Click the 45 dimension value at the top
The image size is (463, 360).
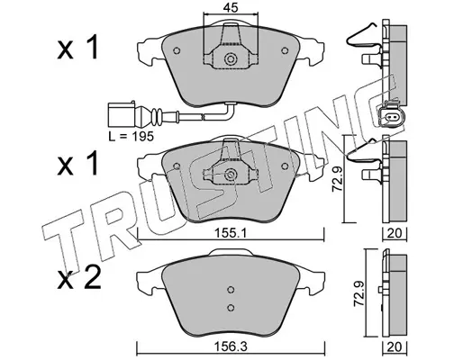coord(231,7)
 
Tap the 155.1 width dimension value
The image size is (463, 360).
coord(231,233)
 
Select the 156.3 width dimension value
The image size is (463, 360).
coord(231,347)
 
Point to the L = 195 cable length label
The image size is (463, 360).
coord(131,137)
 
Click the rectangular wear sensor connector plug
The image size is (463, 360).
coord(122,115)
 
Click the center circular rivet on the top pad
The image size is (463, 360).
coord(231,58)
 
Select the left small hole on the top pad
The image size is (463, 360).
coord(177,50)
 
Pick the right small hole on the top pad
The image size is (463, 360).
coord(285,50)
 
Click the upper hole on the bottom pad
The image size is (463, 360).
coord(231,290)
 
